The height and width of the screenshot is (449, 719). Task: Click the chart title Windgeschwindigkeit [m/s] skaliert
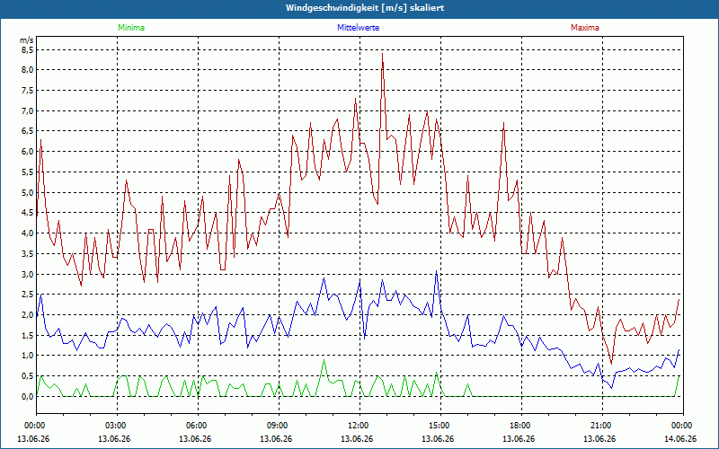365,8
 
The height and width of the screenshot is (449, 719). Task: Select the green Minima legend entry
131,28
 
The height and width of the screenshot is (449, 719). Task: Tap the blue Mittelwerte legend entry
358,28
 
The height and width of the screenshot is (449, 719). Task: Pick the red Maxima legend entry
585,28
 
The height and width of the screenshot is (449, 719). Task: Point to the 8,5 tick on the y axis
27,50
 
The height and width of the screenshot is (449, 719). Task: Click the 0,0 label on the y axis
27,397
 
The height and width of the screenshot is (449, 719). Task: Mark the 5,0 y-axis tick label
27,193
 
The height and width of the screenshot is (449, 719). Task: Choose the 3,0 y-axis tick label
27,275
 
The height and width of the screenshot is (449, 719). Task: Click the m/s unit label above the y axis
27,40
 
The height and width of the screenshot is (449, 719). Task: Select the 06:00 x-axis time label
198,425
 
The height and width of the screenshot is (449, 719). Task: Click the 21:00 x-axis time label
602,425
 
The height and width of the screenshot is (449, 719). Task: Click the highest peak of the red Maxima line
383,54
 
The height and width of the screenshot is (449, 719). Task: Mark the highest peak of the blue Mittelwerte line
437,271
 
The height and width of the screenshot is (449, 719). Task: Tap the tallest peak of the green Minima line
324,360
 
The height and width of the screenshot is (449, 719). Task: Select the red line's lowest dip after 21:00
611,364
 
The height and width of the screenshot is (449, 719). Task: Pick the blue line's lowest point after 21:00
611,388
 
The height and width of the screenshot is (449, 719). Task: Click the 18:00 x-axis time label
522,425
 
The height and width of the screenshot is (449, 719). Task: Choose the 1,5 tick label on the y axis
27,336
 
